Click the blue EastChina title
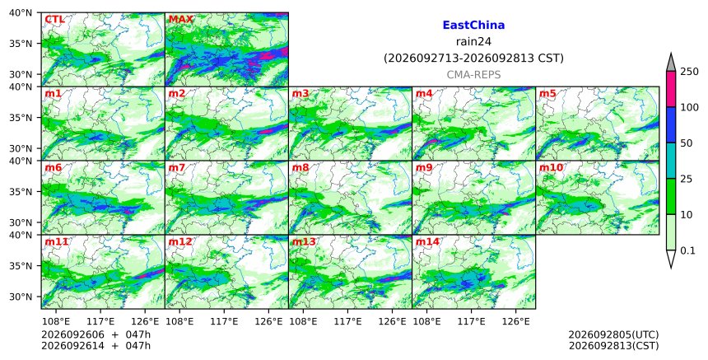(473, 26)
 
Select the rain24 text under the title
(473, 42)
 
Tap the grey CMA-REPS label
(473, 75)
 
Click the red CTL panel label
(54, 20)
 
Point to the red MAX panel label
(180, 20)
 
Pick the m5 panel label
(547, 93)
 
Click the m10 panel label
(551, 167)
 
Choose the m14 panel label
(427, 241)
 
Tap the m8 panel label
(300, 167)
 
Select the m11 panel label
(57, 241)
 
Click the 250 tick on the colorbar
(689, 72)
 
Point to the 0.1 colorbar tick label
(687, 250)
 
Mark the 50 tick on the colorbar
(686, 143)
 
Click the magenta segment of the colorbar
(671, 89)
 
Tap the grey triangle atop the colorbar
(671, 63)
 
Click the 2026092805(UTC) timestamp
(613, 334)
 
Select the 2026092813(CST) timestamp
(613, 346)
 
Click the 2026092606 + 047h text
(95, 334)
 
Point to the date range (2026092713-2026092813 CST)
(473, 58)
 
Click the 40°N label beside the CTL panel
(21, 12)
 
